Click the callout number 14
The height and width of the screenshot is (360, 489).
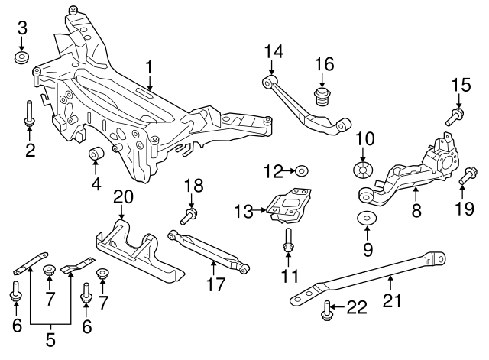(x=274, y=52)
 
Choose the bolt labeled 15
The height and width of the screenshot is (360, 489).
(x=454, y=117)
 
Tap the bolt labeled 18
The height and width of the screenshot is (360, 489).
(x=190, y=212)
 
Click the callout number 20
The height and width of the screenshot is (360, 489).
(x=124, y=197)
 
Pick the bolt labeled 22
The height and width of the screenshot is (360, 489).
(x=328, y=309)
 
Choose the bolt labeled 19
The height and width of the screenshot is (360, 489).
(x=465, y=180)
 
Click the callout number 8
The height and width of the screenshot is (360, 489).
(x=416, y=210)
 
